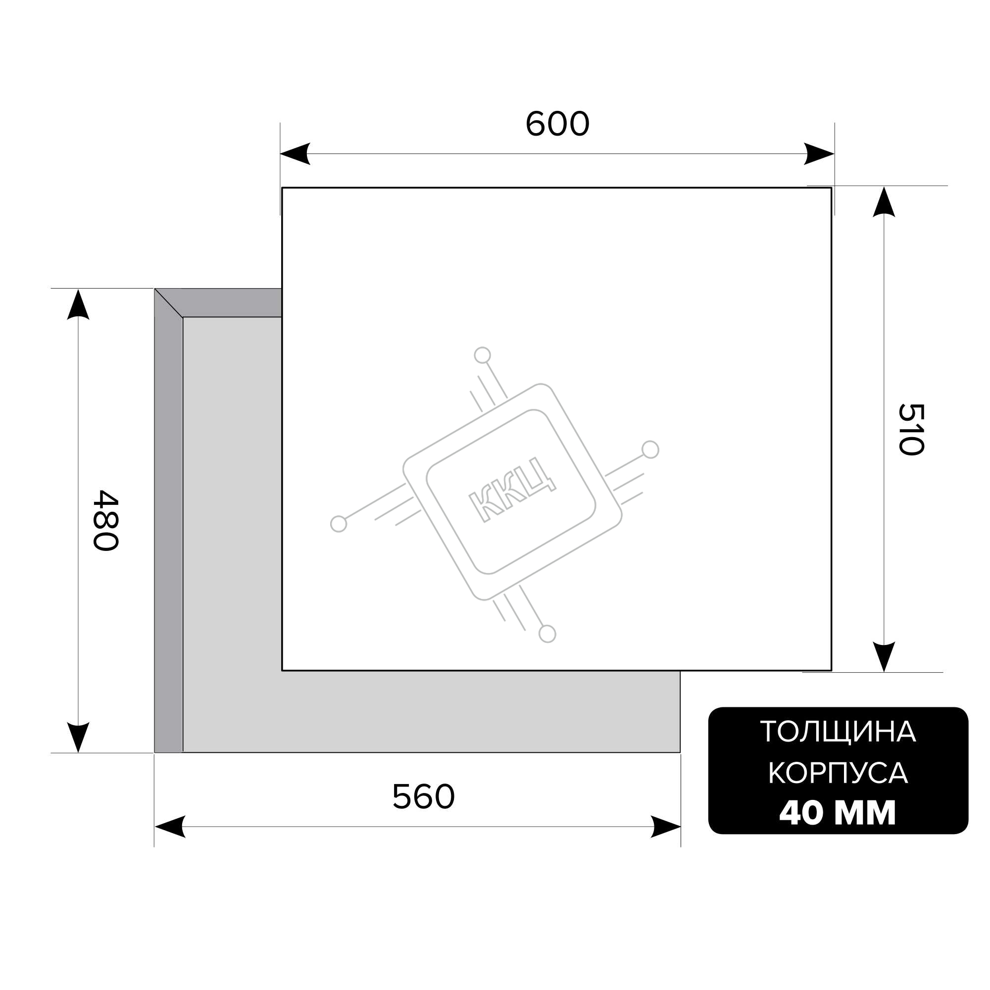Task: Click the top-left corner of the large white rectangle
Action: pyautogui.click(x=282, y=188)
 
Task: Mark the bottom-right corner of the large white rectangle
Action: pyautogui.click(x=832, y=670)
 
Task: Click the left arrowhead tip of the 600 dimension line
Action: pyautogui.click(x=280, y=153)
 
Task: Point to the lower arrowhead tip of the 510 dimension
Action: pyautogui.click(x=884, y=672)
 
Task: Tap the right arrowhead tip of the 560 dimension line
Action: pyautogui.click(x=681, y=827)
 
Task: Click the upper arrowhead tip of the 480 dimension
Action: pyautogui.click(x=78, y=289)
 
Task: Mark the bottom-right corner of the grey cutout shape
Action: pyautogui.click(x=680, y=752)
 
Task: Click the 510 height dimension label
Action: pyautogui.click(x=911, y=429)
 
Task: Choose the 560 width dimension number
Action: pyautogui.click(x=423, y=796)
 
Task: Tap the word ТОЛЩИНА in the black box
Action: pyautogui.click(x=838, y=732)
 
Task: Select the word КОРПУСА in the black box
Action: pyautogui.click(x=838, y=773)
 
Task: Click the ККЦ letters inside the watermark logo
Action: pyautogui.click(x=512, y=490)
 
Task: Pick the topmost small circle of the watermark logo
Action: pyautogui.click(x=482, y=355)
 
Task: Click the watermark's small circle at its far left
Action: pyautogui.click(x=338, y=524)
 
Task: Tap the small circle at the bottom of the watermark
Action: pyautogui.click(x=547, y=634)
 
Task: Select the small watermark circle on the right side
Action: pyautogui.click(x=650, y=449)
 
